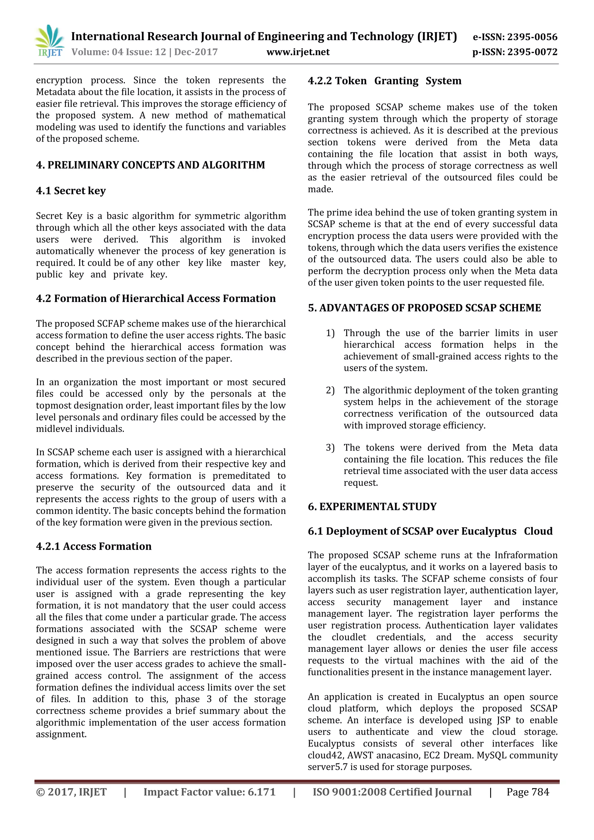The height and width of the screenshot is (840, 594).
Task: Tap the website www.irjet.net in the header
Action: tap(298, 52)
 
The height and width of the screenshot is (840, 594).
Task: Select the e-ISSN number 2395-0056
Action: tap(515, 37)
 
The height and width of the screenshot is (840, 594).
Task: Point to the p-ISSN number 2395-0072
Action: tap(515, 52)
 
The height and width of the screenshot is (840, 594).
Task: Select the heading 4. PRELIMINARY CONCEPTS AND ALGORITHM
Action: tap(150, 165)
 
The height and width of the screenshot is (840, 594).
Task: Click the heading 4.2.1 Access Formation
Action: tap(94, 546)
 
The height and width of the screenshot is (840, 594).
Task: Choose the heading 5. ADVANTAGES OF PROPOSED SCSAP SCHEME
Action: tap(424, 308)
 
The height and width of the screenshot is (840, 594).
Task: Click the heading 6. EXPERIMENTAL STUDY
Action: tap(372, 506)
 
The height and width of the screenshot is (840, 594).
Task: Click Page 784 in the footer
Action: tap(527, 792)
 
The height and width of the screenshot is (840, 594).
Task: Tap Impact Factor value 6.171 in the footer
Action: tap(209, 792)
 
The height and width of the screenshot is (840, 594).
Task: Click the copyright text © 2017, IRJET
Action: tap(71, 792)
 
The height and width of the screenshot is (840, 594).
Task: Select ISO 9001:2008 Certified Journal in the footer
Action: tap(392, 792)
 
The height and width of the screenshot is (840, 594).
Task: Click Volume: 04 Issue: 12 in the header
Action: tap(119, 52)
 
